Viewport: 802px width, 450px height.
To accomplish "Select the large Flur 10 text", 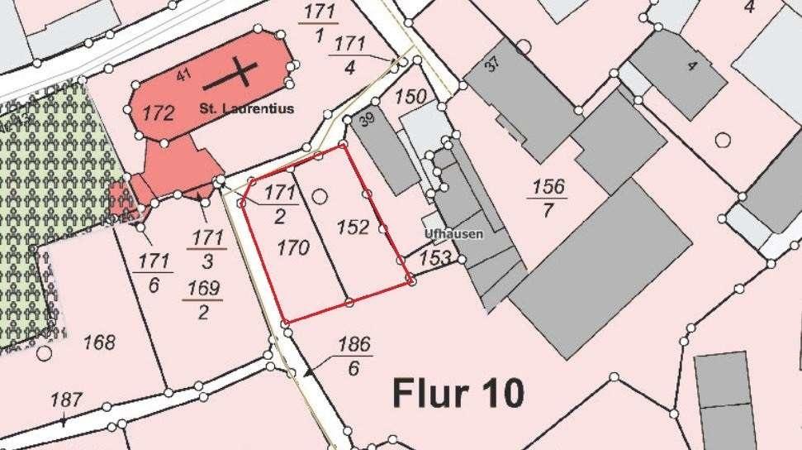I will (x=458, y=393).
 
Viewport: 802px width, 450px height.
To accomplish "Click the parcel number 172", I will (x=158, y=113).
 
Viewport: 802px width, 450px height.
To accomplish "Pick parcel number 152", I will (x=353, y=227).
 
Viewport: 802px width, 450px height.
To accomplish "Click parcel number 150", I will (x=410, y=97).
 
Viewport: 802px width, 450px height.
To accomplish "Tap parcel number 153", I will (x=436, y=259).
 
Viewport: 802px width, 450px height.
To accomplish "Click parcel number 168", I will (x=99, y=342).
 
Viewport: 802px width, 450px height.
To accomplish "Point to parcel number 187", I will (x=66, y=400).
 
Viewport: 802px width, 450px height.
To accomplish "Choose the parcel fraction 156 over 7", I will (x=548, y=198).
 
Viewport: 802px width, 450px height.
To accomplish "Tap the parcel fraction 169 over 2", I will (x=203, y=299).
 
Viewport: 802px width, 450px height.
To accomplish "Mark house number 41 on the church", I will (x=183, y=76).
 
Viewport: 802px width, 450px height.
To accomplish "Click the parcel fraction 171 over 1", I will (x=319, y=23).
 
